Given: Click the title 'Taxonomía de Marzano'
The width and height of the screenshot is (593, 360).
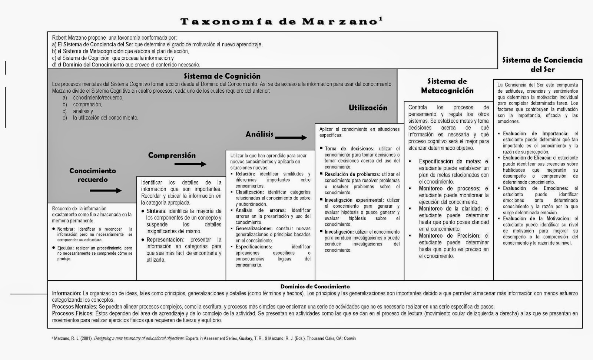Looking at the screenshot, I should tap(279, 22).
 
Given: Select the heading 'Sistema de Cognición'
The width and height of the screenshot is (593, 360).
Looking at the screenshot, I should tap(222, 76).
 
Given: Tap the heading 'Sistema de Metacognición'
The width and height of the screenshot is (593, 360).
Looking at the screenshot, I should tap(447, 86).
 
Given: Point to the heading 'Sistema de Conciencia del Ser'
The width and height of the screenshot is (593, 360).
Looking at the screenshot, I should tap(542, 65).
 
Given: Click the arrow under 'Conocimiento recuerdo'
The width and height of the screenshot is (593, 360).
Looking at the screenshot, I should tap(106, 191).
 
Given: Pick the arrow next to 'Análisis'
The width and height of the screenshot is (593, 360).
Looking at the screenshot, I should tap(291, 138).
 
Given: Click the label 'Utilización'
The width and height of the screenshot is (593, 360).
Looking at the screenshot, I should tap(368, 108).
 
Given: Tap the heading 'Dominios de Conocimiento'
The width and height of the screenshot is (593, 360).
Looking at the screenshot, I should tap(315, 287).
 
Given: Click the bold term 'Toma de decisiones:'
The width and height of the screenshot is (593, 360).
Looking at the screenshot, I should tap(349, 149).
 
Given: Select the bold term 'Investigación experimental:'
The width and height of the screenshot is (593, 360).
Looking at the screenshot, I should tap(354, 200).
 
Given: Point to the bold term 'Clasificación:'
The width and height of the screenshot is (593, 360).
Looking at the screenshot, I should tap(249, 192).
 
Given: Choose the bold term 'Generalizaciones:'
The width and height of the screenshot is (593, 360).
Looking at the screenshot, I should tap(254, 229).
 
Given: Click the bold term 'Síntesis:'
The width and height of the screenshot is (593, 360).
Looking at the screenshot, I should tap(156, 211).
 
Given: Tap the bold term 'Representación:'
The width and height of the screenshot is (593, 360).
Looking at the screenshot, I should tap(165, 240).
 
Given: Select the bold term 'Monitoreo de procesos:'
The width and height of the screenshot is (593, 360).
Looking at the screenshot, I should tap(449, 189).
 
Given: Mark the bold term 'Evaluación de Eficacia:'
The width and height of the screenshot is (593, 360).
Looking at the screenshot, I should tap(527, 158).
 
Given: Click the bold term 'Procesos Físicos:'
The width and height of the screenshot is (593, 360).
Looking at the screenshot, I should tap(73, 314).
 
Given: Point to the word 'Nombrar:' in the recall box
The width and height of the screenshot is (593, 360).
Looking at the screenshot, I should tap(66, 229).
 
